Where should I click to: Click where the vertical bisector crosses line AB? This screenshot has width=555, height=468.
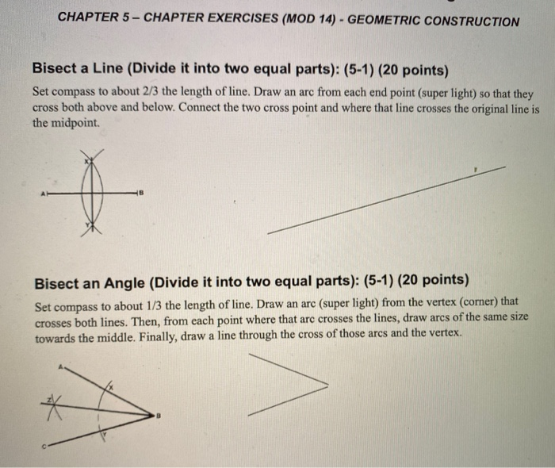(x=93, y=193)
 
